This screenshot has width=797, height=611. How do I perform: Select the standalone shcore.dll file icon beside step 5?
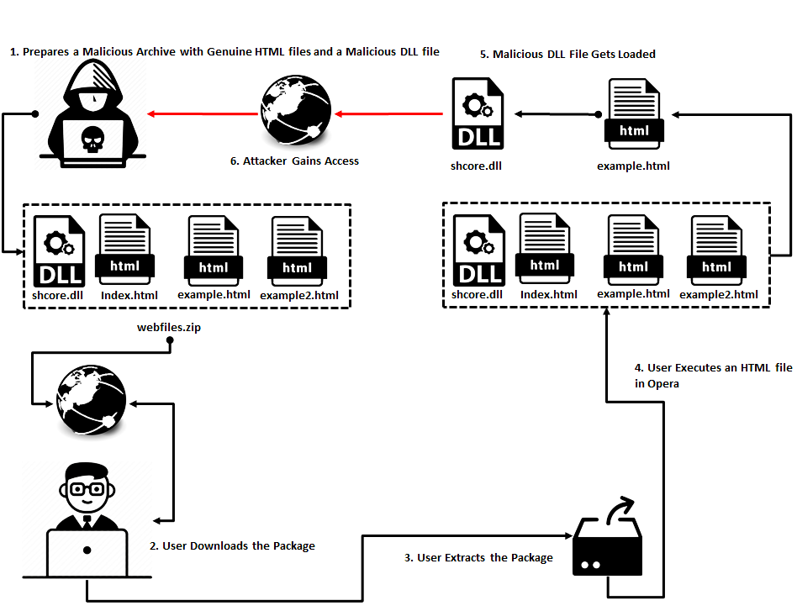tap(477, 113)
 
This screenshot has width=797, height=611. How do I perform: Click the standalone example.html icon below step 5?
tap(633, 114)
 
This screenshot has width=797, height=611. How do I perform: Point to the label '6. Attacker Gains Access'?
tap(294, 161)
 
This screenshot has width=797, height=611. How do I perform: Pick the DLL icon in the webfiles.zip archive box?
tap(60, 250)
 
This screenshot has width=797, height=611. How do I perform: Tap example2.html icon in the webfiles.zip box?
tap(298, 250)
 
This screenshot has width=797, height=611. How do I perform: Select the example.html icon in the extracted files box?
tap(633, 250)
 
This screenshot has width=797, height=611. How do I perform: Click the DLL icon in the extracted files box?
tap(478, 250)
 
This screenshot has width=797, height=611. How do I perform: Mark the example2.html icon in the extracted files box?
tap(717, 250)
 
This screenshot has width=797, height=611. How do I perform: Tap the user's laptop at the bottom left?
tap(87, 554)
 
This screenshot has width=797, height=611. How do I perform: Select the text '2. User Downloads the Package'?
tap(232, 546)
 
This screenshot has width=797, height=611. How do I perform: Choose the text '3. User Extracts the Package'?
tap(479, 558)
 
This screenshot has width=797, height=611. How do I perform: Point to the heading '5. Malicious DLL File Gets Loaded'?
tap(567, 54)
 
